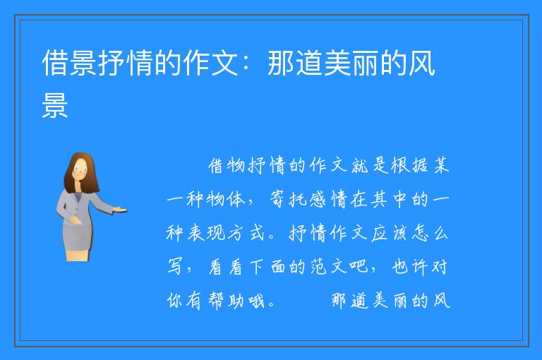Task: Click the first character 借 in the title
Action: pos(54,63)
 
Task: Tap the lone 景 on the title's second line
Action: pos(54,104)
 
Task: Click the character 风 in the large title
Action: pos(421,63)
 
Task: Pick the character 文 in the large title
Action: pos(224,63)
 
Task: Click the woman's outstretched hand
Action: pos(120,209)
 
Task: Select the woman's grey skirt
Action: pos(78,235)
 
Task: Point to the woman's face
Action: pos(80,171)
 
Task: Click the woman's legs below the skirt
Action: pos(78,256)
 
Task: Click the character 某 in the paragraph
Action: pos(441,165)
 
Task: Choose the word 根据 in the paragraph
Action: pos(410,165)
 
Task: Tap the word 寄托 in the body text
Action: pos(288,199)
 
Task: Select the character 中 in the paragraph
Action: pos(400,199)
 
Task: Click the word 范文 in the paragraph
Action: pos(328,267)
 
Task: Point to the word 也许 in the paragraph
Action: pos(410,267)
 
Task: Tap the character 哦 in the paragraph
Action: pos(256,301)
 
